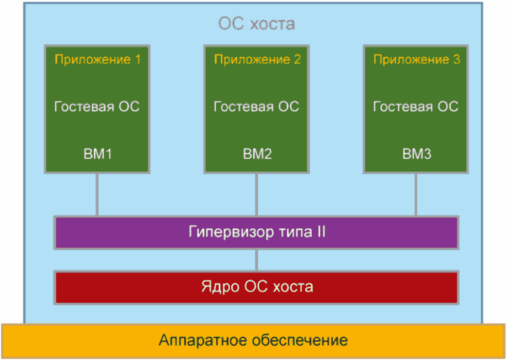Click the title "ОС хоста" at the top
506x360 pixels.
257,24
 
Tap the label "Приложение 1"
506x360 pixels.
97,60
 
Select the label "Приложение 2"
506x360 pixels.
257,60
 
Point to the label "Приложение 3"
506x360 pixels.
417,60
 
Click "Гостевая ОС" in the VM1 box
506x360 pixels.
97,106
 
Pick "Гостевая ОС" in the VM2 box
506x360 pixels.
257,106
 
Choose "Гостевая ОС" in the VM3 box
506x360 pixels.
416,106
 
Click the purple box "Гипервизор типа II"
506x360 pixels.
257,232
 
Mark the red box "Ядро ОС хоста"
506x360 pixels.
257,287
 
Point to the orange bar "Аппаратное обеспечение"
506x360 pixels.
253,340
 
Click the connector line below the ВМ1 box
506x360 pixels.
97,194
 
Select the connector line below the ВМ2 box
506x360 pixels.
257,194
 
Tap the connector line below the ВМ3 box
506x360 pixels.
416,194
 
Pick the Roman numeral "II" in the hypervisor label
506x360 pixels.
320,232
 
